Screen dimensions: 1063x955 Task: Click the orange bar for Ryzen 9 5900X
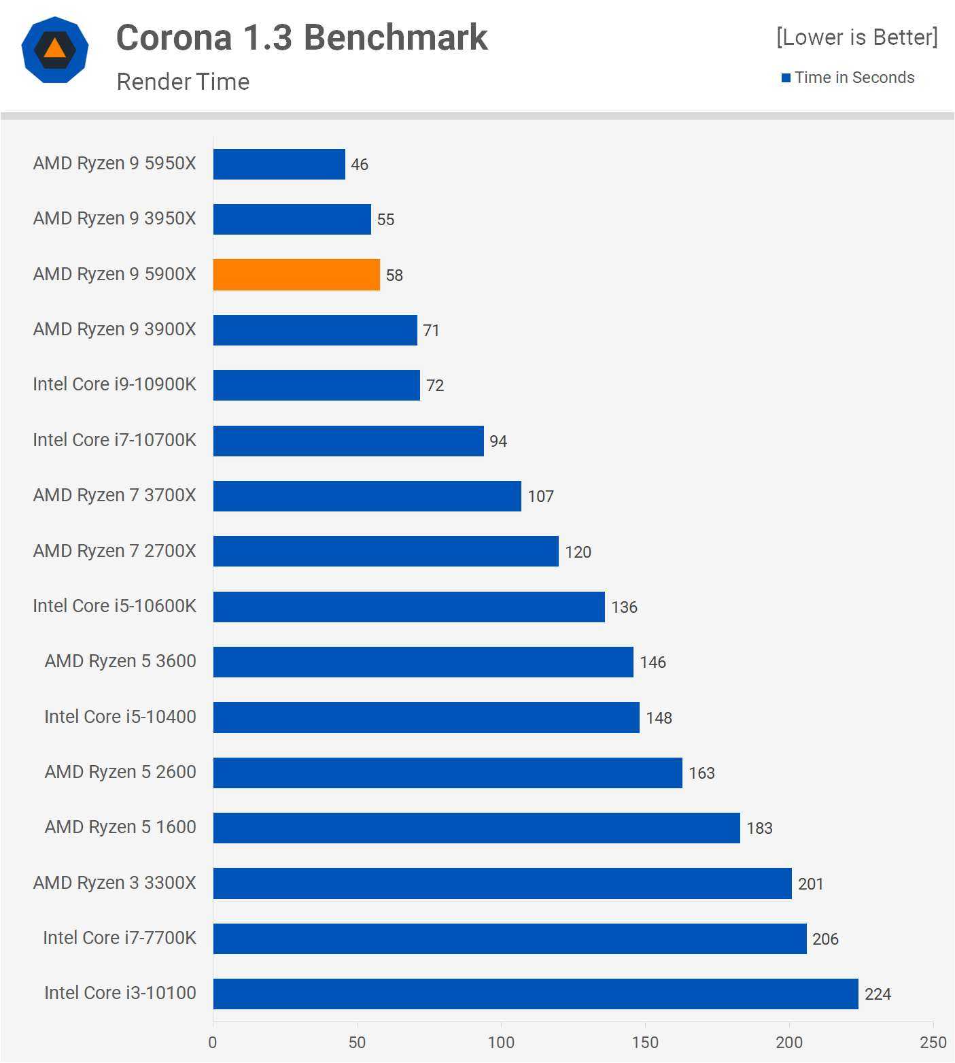click(296, 275)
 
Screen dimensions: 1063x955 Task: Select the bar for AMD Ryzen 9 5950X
click(279, 164)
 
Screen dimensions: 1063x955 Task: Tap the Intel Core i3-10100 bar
click(536, 994)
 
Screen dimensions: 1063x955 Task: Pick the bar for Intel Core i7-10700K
click(348, 441)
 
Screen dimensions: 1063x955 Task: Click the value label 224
click(878, 994)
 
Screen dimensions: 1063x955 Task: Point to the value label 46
click(360, 165)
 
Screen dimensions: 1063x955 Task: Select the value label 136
click(624, 607)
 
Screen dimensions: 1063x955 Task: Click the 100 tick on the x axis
click(501, 1043)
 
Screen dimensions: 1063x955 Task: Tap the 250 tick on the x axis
click(933, 1043)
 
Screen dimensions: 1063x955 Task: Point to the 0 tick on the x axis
click(213, 1043)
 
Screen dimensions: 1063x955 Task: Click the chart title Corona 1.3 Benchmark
click(302, 37)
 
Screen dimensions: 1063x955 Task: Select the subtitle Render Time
click(183, 82)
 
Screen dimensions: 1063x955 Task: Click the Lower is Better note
click(856, 37)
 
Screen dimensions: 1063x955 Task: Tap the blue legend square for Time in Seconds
click(786, 78)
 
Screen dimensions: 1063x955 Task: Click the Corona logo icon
click(55, 50)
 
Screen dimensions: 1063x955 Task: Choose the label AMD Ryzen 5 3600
click(120, 661)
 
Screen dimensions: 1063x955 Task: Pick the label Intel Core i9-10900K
click(114, 384)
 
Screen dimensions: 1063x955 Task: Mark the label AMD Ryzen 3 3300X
click(114, 883)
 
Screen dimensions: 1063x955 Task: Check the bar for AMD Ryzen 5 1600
click(476, 828)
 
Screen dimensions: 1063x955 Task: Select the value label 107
click(540, 496)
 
